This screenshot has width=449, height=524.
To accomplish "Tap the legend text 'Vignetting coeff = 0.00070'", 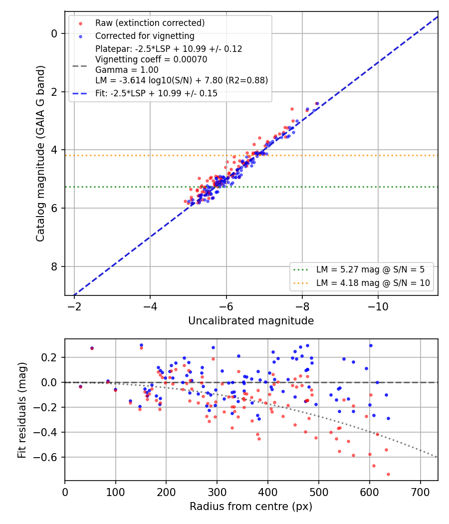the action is [x=151, y=59].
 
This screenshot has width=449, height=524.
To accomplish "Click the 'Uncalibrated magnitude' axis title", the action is [x=251, y=321].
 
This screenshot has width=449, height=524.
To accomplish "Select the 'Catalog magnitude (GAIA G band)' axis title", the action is [x=40, y=153].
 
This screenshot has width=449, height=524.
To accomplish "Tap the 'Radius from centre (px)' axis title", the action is [x=251, y=507].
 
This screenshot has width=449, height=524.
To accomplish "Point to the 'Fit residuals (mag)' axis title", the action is [x=22, y=410].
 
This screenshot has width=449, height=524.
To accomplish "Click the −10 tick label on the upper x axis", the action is [x=378, y=306].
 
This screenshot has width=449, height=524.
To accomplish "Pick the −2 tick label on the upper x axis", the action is [x=74, y=306].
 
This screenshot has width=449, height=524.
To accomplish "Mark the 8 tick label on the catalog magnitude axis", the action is [x=54, y=266].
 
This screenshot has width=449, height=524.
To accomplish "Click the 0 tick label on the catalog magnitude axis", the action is [x=54, y=33].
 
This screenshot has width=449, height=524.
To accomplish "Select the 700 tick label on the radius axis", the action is [x=420, y=492].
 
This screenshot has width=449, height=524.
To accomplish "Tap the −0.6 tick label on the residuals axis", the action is [x=45, y=457].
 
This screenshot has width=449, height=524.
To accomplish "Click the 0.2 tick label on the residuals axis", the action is [x=49, y=358].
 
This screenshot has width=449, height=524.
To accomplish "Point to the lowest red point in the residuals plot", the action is [x=388, y=474].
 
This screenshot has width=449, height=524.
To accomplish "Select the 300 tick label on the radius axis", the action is [x=217, y=492].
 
